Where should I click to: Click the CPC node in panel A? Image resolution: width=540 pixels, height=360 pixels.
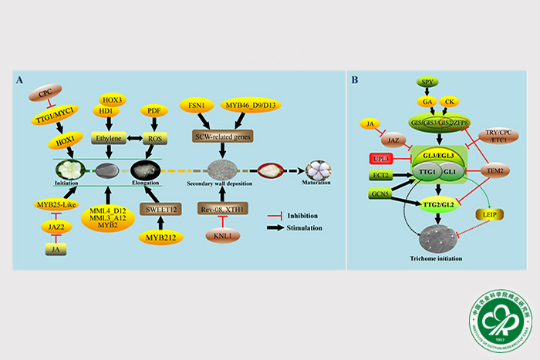click(x=45, y=94)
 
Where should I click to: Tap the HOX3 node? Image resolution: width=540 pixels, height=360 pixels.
click(x=114, y=99)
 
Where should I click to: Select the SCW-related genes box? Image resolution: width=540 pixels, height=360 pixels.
click(x=223, y=136)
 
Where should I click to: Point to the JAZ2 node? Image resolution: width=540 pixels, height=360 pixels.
click(x=56, y=227)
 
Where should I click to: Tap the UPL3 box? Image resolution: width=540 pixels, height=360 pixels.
click(x=383, y=159)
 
